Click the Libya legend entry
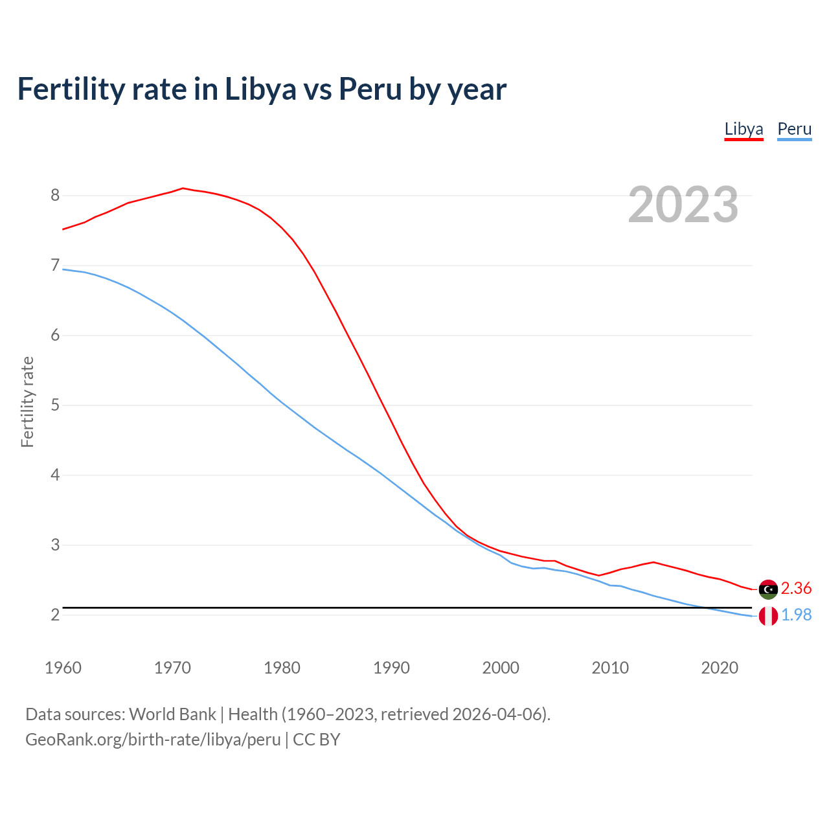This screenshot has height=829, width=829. coord(744,129)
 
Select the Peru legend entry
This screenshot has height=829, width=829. coord(794,129)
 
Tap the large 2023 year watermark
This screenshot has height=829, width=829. coord(683,205)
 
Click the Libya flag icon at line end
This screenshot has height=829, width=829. coord(768,589)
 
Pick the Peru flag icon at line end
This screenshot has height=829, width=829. coord(768,616)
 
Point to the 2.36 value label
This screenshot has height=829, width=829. coord(796,588)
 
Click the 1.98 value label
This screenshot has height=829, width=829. coord(796,615)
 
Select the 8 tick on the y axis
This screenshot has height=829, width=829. coord(55,195)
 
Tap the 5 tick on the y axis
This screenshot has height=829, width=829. coord(55,405)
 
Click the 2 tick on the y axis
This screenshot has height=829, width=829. coord(55,615)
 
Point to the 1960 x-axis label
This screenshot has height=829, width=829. coord(63,668)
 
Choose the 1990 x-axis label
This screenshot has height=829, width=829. coord(391,668)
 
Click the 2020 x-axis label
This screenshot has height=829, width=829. coord(720,668)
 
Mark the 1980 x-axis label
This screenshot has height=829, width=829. coord(282,668)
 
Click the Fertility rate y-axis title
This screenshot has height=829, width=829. coord(27,402)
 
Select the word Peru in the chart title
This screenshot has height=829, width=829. coord(370,89)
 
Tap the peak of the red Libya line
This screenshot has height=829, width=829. coord(183,188)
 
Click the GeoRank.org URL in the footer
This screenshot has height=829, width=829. coord(153,739)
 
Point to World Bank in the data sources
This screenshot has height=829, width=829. coord(172,714)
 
